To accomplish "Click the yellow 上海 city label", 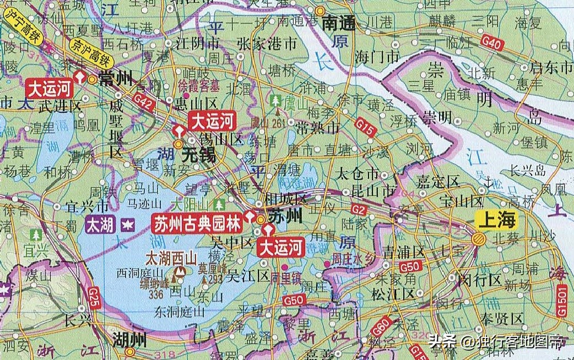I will (x=497, y=221).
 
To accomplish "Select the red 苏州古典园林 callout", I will (x=197, y=223).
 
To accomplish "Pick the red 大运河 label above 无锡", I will (x=212, y=119).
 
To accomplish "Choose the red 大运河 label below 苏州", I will (x=281, y=248).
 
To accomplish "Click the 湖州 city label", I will (x=130, y=339).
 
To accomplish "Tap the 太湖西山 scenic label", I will (x=171, y=257).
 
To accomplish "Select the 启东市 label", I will (x=551, y=68).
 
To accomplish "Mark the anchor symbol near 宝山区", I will (x=487, y=181).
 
